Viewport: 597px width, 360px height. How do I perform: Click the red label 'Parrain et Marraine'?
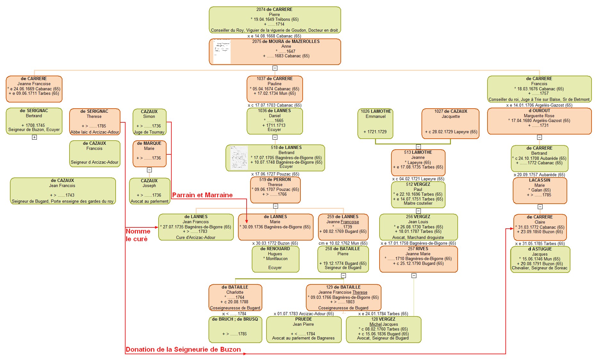(202, 195)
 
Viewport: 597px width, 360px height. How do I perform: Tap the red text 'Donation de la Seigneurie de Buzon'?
(183, 349)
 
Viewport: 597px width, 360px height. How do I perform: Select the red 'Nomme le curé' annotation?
(138, 235)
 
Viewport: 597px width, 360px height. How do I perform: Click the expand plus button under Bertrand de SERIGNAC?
(34, 137)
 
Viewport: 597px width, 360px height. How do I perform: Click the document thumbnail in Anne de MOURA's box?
(222, 52)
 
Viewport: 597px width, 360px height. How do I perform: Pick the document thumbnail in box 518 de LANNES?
(239, 158)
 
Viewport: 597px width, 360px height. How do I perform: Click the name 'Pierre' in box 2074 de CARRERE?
(274, 14)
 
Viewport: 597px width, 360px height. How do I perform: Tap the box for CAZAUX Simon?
(149, 122)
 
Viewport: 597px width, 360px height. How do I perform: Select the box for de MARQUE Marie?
(149, 153)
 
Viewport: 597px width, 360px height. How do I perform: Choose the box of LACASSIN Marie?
(540, 191)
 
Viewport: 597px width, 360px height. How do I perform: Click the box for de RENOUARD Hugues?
(275, 259)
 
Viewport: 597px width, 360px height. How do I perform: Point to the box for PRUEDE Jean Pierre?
(303, 329)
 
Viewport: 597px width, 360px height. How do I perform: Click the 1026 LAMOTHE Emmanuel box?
(375, 123)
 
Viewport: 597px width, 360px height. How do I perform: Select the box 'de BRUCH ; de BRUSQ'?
(235, 329)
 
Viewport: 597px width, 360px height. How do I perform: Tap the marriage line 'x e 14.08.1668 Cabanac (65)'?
(274, 36)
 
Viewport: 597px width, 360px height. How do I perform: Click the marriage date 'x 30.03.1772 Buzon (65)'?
(275, 243)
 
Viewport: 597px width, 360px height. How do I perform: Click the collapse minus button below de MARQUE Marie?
(149, 170)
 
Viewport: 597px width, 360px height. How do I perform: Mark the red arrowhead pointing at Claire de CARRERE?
(511, 229)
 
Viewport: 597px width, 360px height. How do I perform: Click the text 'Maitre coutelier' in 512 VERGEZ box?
(418, 203)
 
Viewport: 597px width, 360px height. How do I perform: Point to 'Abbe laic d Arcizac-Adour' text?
(94, 132)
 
